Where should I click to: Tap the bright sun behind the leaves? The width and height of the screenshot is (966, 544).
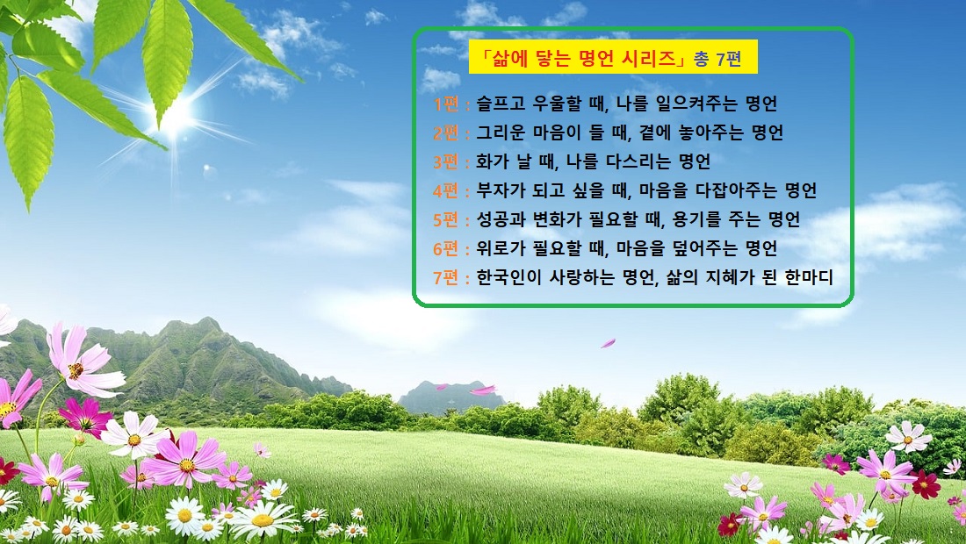178,112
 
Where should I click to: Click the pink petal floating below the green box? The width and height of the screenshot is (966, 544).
608,343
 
